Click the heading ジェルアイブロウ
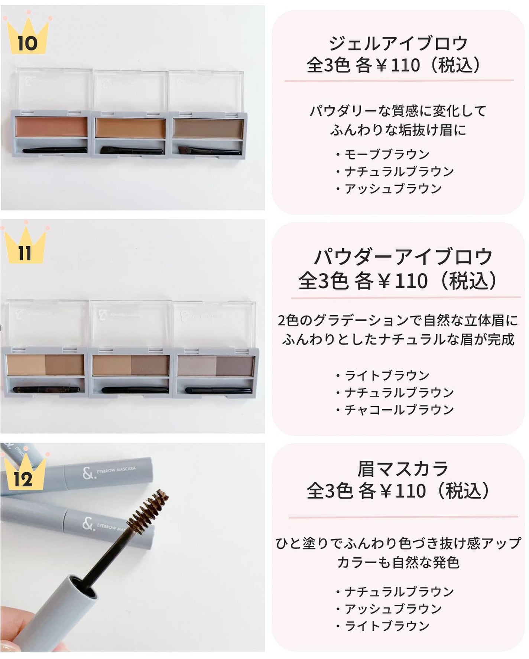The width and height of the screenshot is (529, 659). (x=398, y=44)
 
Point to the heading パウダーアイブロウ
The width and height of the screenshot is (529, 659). (x=403, y=257)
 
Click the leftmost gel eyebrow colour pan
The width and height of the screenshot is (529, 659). (x=51, y=126)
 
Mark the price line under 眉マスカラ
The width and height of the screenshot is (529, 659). (x=398, y=491)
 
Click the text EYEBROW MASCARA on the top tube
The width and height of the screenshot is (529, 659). (x=116, y=470)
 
